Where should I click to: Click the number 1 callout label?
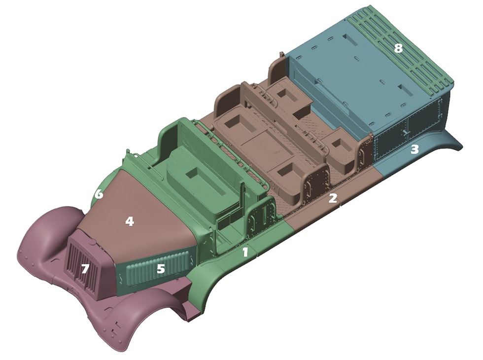coord(245,252)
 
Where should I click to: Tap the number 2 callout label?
coord(333,199)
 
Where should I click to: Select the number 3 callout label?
coord(415,149)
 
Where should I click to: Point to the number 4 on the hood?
coord(129,221)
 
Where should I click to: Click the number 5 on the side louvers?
coord(161,269)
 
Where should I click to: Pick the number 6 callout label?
coord(99,194)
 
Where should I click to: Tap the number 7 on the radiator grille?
coord(85,269)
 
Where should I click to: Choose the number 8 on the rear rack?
coord(398,48)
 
